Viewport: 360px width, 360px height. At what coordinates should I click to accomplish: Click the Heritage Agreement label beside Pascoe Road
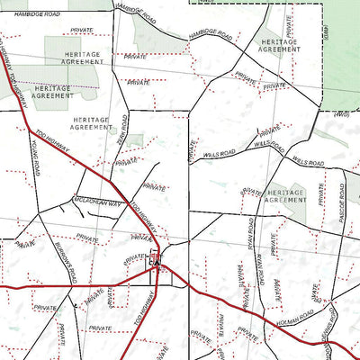(x=286, y=196)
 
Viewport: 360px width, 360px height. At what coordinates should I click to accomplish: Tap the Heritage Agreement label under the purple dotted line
(x=51, y=91)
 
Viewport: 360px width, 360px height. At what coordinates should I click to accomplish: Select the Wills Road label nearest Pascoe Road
(x=308, y=162)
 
